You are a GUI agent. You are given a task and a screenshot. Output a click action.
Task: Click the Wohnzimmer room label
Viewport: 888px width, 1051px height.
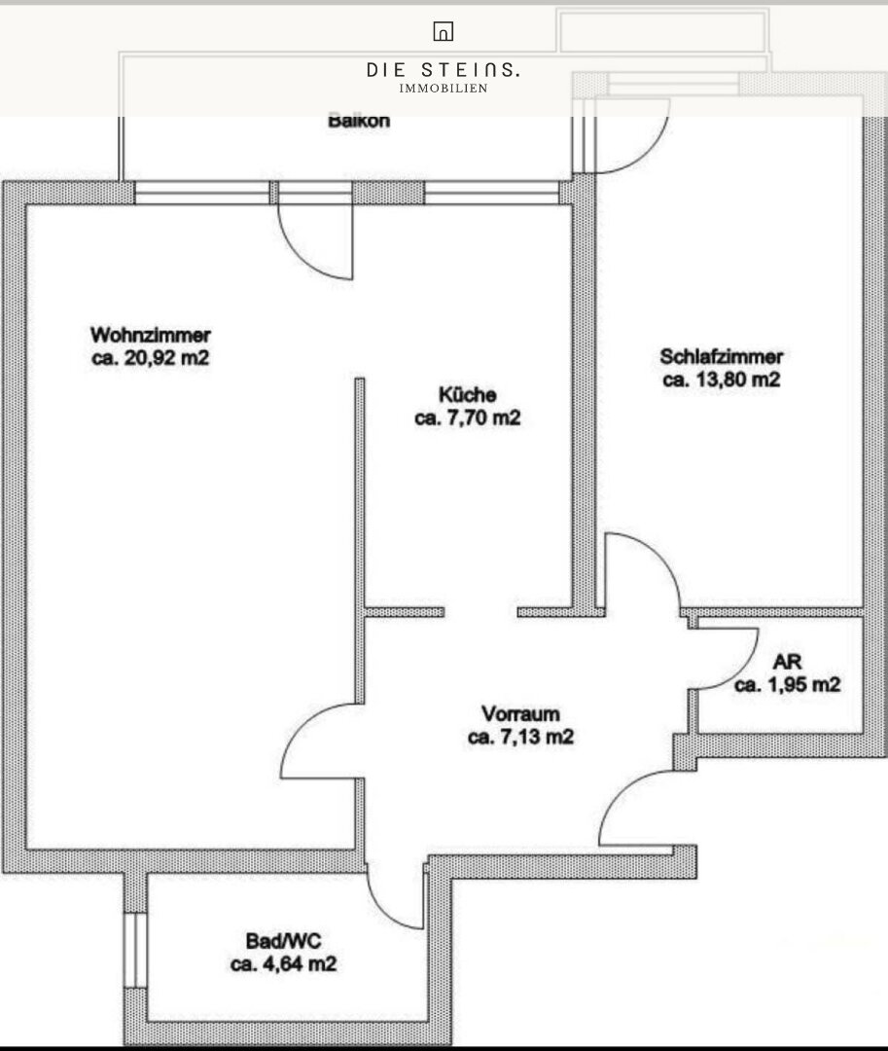pyautogui.click(x=151, y=335)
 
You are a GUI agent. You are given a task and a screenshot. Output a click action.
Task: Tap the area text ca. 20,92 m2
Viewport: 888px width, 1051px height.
pyautogui.click(x=151, y=358)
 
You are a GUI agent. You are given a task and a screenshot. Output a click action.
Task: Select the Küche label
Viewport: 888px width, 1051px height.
pyautogui.click(x=468, y=394)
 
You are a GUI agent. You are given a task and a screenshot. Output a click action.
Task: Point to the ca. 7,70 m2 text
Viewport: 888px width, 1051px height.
pyautogui.click(x=468, y=417)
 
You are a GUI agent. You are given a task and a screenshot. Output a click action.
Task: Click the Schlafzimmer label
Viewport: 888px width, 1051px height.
pyautogui.click(x=722, y=356)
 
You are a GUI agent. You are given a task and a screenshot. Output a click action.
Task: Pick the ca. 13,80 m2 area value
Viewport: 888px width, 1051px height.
pyautogui.click(x=722, y=380)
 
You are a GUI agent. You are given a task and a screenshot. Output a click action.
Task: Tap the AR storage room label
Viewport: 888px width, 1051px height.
pyautogui.click(x=787, y=663)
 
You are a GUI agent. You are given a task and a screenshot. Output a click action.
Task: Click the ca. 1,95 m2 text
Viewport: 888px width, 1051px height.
pyautogui.click(x=787, y=685)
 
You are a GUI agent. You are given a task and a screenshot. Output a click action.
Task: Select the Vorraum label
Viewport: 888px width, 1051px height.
pyautogui.click(x=520, y=714)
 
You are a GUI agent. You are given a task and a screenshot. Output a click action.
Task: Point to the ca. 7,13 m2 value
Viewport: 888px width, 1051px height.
pyautogui.click(x=520, y=737)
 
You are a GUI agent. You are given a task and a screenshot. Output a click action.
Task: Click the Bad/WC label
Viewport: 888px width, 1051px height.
pyautogui.click(x=283, y=941)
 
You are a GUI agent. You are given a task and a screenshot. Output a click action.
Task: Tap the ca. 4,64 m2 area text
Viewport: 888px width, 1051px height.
pyautogui.click(x=283, y=963)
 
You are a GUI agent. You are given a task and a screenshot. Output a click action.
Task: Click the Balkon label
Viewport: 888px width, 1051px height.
pyautogui.click(x=359, y=122)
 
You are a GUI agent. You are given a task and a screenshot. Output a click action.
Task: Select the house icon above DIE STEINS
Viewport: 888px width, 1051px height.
pyautogui.click(x=444, y=31)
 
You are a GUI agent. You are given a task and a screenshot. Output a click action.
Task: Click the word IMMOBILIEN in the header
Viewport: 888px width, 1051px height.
pyautogui.click(x=444, y=89)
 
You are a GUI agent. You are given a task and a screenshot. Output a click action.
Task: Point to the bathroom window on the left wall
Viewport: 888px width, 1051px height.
pyautogui.click(x=135, y=950)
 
